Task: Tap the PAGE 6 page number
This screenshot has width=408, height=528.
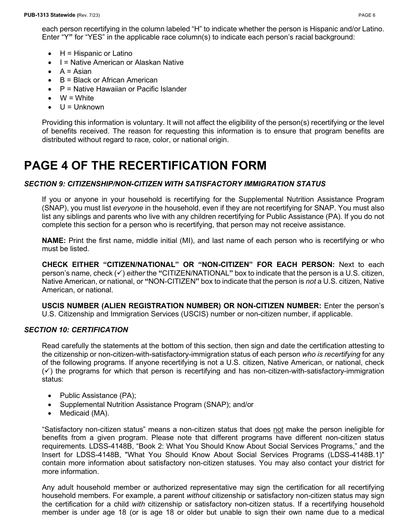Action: (367, 15)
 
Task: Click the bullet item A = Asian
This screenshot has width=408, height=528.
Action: (76, 72)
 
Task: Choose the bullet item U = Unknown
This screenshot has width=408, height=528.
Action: (82, 107)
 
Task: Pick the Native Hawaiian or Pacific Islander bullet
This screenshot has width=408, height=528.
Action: (123, 89)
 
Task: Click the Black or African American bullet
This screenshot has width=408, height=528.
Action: (108, 80)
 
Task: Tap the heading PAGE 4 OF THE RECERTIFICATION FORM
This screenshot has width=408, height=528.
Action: (145, 166)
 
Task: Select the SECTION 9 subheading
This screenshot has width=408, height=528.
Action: (175, 184)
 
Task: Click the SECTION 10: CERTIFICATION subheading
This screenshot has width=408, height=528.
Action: (76, 330)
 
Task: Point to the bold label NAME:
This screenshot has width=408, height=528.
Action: (54, 241)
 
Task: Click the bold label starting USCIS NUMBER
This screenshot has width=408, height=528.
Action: (181, 306)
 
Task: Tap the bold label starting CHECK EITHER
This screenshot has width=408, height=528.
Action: (188, 265)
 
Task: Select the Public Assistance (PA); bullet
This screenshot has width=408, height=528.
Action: (98, 396)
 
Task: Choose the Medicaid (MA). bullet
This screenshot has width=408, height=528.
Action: (84, 414)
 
